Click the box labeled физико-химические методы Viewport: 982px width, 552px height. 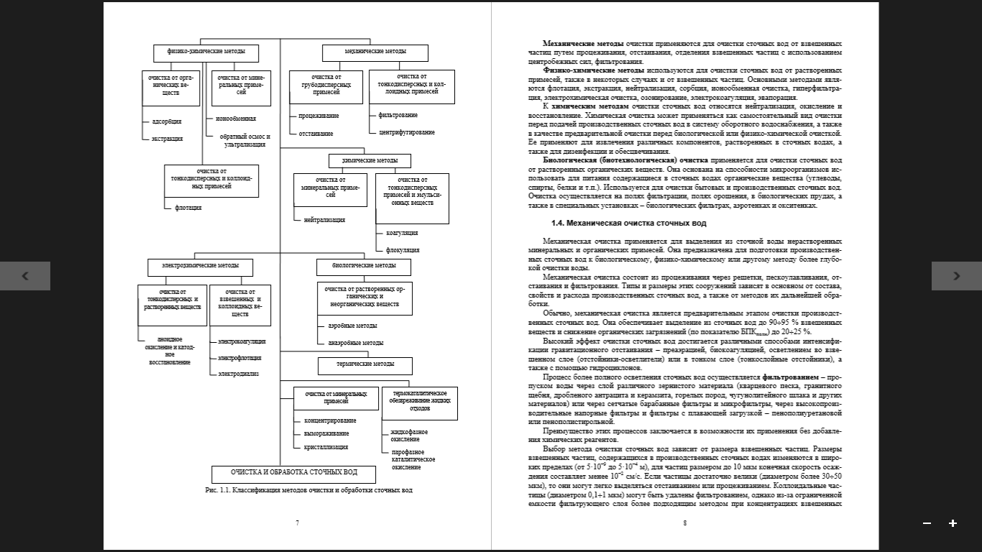coord(206,52)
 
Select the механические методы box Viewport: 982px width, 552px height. coord(375,52)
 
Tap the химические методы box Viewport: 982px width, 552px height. coord(370,160)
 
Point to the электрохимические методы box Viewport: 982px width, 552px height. coord(201,267)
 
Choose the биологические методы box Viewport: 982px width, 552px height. coord(364,266)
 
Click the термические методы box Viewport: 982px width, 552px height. coord(365,365)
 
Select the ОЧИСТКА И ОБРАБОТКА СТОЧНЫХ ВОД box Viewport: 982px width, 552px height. coord(293,474)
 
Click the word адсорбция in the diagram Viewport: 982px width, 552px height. coord(167,121)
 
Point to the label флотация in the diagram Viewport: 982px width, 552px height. coord(188,208)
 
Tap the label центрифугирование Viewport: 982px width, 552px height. coord(406,132)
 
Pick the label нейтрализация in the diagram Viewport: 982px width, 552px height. coord(324,220)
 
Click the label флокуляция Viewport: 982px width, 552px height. coord(403,250)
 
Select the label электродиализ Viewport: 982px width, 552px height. coord(239,374)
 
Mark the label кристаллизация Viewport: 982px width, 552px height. coord(326,447)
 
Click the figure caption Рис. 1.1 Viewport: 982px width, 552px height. coord(309,490)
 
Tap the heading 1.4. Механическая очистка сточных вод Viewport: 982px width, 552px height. coord(628,224)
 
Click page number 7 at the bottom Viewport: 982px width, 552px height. coord(297,523)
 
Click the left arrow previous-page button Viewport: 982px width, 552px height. coord(25,276)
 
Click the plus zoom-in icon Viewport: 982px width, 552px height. coord(953,523)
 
